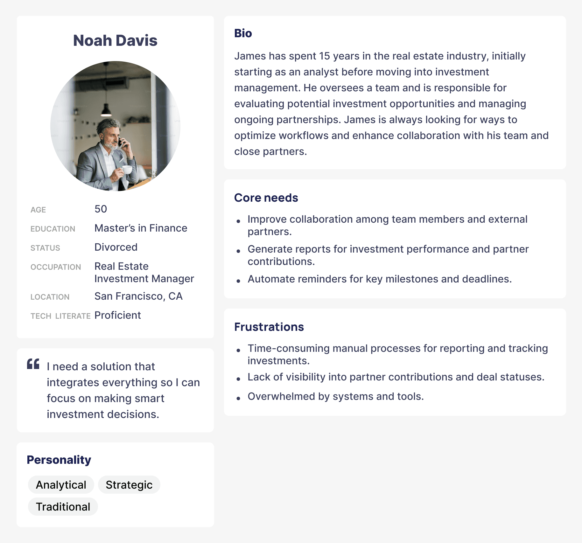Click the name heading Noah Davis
coord(115,41)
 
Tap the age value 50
coord(101,209)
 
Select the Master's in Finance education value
coord(141,228)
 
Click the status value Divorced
coord(116,247)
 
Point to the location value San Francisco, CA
coord(138,296)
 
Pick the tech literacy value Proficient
coord(117,315)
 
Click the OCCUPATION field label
coord(56,267)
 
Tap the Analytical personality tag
coord(61,485)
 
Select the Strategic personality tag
coord(129,485)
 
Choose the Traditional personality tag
coord(63,507)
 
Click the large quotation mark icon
coord(33,364)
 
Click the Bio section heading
coord(243,33)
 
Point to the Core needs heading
coord(266,198)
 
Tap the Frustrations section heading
coord(269,327)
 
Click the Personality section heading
coord(59,460)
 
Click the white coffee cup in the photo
coord(127,169)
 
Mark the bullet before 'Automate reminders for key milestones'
coord(238,281)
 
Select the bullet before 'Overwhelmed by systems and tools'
coord(238,398)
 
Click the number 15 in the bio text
coord(325,56)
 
